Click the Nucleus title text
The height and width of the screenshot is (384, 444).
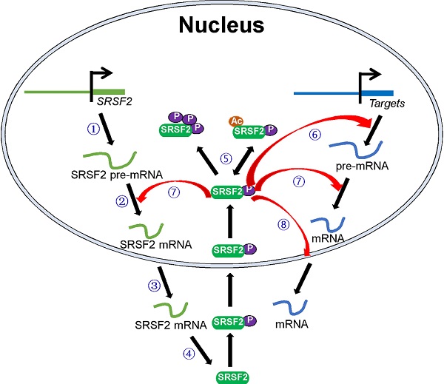[x=221, y=29]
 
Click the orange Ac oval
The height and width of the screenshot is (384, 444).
[x=235, y=121]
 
